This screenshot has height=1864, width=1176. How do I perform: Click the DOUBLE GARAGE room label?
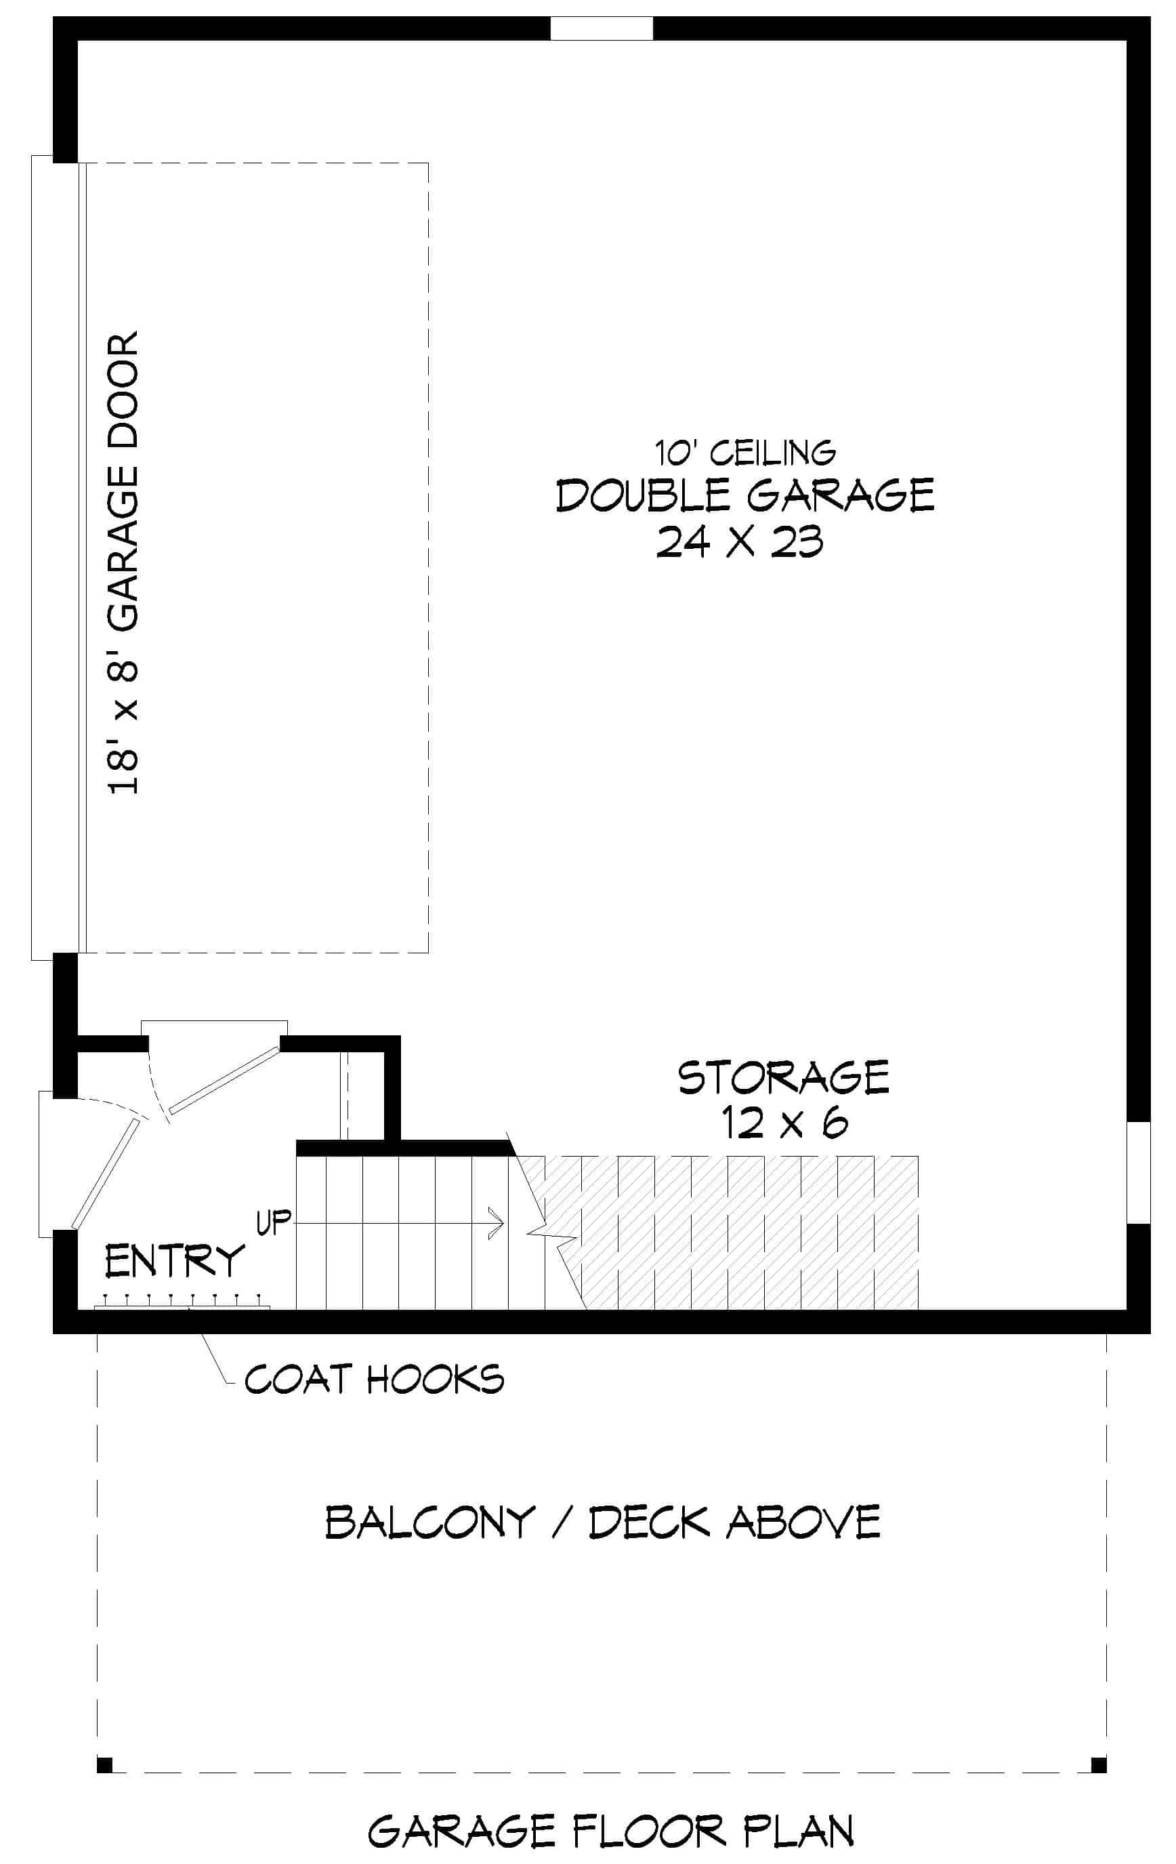(x=744, y=495)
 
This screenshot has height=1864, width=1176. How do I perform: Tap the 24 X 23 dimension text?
(x=739, y=542)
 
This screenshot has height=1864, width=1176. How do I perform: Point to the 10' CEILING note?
(x=745, y=453)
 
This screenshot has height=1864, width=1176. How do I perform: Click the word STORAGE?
(x=783, y=1077)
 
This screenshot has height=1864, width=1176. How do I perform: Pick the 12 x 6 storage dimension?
(x=783, y=1123)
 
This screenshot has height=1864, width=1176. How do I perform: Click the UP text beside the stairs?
(x=273, y=1222)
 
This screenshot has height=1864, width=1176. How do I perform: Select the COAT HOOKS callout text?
(x=374, y=1379)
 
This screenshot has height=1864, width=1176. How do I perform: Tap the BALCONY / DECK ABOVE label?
(x=602, y=1522)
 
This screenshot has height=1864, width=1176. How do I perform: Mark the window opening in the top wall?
(x=601, y=28)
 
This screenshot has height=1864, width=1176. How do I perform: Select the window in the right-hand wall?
(x=1138, y=1172)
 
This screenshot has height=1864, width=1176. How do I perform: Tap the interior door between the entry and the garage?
(x=223, y=1081)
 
